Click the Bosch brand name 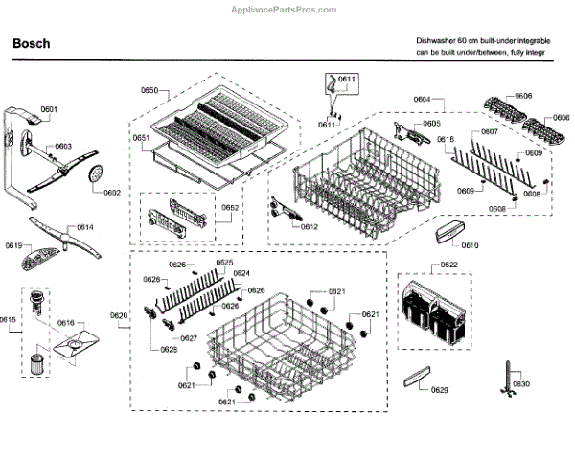coord(32,44)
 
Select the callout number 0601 coord(50,109)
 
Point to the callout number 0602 coord(112,193)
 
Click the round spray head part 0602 coord(94,173)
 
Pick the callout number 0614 coord(84,227)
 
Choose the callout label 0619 coord(12,245)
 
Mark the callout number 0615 coord(9,319)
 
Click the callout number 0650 coord(149,90)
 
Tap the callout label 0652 coord(231,208)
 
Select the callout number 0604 coord(422,99)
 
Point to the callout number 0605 coord(431,124)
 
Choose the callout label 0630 coord(520,383)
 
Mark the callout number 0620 coord(118,315)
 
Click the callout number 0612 coord(309,227)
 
